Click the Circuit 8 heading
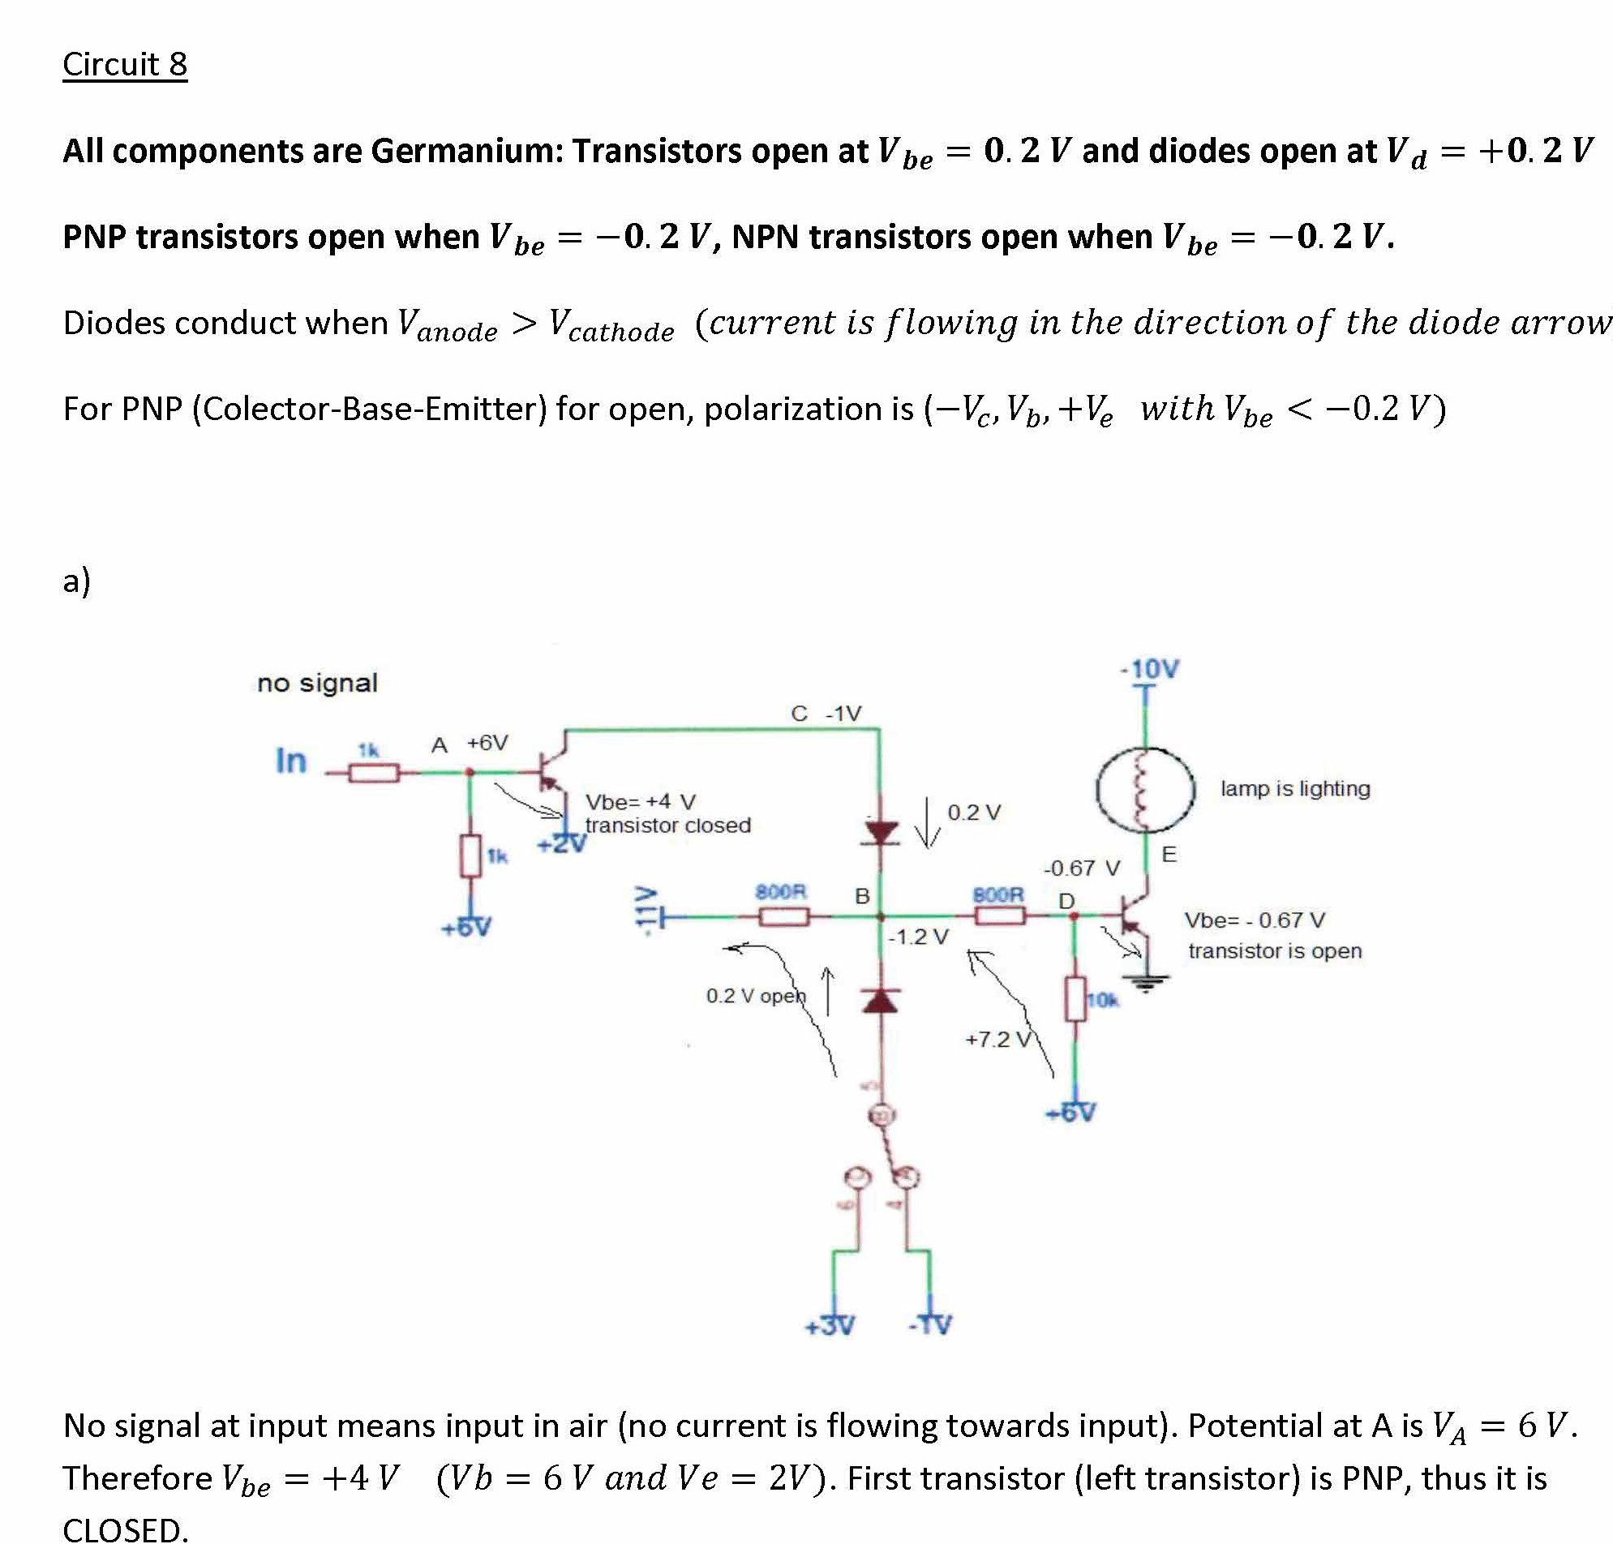coord(125,64)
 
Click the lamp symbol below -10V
coord(1145,788)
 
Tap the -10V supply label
coord(1151,669)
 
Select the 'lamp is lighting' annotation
coord(1294,788)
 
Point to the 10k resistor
coord(1075,999)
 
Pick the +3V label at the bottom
coord(830,1326)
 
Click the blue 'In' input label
coord(290,761)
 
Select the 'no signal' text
coord(317,683)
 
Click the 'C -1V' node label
coord(826,713)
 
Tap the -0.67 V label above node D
coord(1081,868)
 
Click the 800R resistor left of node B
coord(783,916)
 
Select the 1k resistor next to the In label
coord(375,772)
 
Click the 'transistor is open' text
coord(1274,950)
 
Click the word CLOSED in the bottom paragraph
coord(125,1529)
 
